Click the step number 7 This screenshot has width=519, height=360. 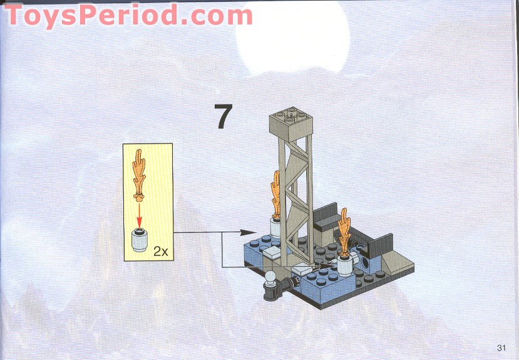[223, 116]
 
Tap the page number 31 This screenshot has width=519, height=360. [501, 347]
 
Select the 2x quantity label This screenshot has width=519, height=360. [160, 252]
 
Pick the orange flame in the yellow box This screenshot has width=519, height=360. [140, 175]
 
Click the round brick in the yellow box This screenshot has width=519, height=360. [140, 240]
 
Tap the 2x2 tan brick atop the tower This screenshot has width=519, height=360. [291, 124]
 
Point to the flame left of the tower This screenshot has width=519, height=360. [275, 195]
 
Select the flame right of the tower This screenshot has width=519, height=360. [345, 234]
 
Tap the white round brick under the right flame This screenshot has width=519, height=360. [344, 266]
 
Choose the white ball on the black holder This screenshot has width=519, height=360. [270, 277]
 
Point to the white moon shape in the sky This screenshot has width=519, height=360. [292, 36]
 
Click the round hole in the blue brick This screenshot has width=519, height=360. [366, 264]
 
